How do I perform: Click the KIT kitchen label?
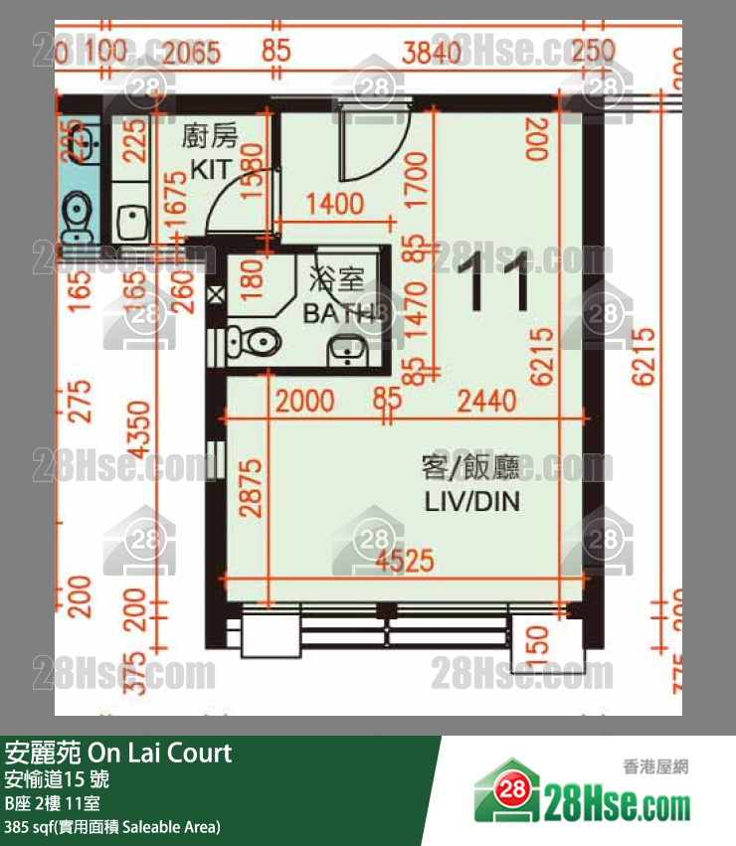pos(210,170)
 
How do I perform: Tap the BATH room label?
pos(338,315)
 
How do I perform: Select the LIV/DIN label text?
pos(471,501)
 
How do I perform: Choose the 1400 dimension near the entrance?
pos(335,206)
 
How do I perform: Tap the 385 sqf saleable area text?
pos(112,826)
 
